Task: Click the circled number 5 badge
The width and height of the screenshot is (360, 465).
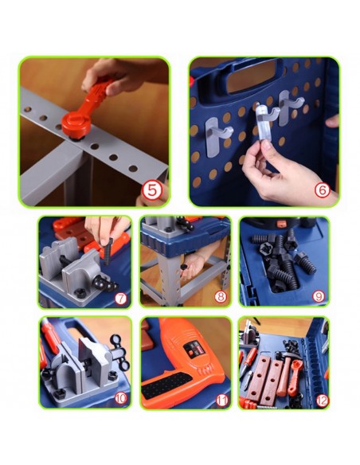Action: (x=151, y=190)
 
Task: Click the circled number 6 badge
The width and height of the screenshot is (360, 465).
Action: (x=323, y=190)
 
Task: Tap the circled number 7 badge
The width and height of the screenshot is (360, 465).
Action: (x=120, y=299)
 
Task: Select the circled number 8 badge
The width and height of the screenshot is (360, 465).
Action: (x=221, y=297)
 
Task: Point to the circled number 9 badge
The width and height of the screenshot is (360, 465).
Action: (x=319, y=296)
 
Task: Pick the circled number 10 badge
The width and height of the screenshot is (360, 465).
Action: (x=121, y=398)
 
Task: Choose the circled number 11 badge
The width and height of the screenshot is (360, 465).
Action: (x=221, y=401)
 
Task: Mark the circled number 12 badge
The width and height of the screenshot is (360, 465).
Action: (x=322, y=401)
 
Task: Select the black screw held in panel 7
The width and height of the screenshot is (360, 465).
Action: (x=108, y=251)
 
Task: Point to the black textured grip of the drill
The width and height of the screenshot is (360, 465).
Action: (x=167, y=386)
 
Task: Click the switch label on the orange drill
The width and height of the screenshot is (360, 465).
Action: (x=192, y=348)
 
